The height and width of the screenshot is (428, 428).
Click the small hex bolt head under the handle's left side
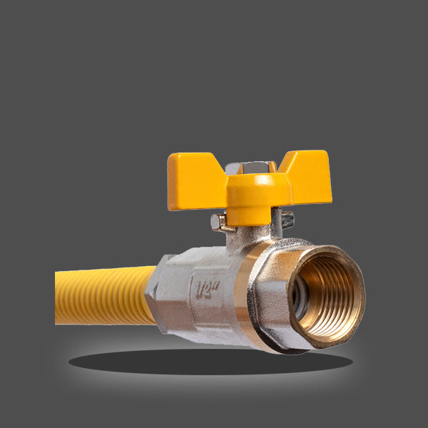(218, 223)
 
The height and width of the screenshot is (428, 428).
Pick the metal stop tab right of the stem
(287, 220)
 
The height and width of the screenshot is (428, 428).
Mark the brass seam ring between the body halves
(250, 292)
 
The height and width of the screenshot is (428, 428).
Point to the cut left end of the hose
(58, 297)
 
